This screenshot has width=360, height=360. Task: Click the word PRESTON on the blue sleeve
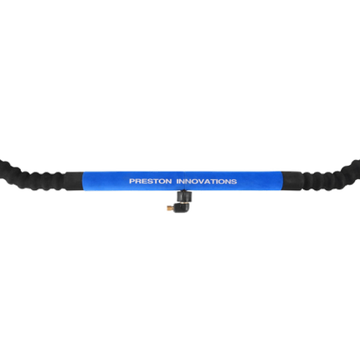tap(151, 182)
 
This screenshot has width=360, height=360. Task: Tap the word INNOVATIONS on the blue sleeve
tap(207, 182)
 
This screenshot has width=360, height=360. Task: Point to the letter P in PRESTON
tap(132, 182)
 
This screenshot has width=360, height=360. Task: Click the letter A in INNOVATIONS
tap(208, 182)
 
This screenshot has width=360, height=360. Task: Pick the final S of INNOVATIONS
tap(234, 182)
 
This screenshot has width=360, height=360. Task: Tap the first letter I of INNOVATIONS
tap(177, 182)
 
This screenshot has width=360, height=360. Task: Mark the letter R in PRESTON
tap(138, 182)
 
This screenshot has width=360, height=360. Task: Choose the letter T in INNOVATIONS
tap(213, 182)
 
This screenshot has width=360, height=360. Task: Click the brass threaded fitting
tap(170, 208)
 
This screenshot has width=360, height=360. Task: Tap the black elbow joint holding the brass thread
tap(180, 208)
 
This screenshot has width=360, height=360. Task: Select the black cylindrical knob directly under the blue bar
tap(184, 196)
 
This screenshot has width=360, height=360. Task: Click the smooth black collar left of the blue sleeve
tap(75, 182)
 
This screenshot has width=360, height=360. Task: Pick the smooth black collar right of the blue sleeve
tap(292, 182)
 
